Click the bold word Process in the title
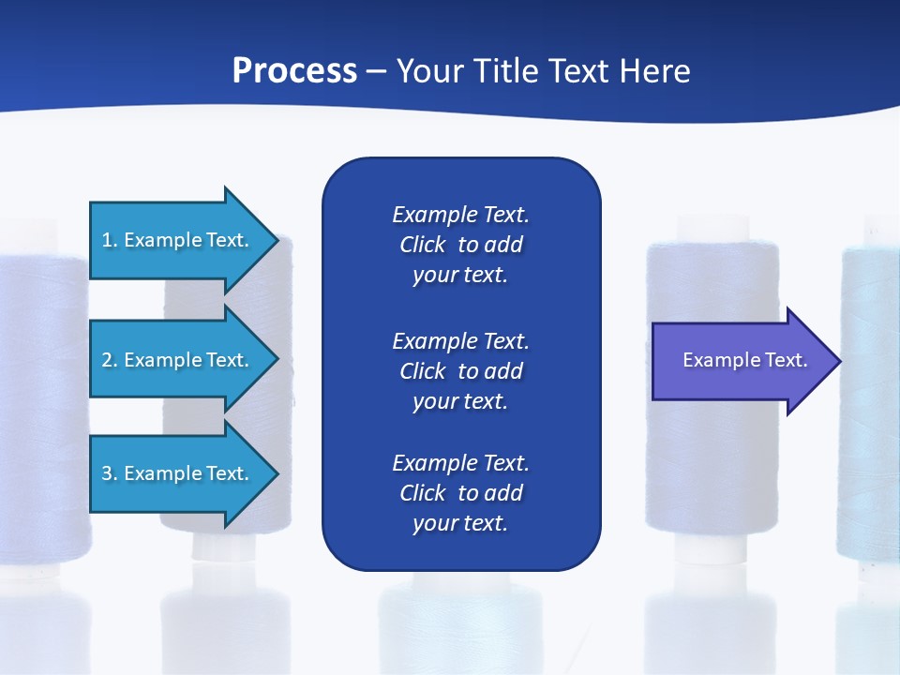click(x=294, y=71)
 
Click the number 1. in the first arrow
click(x=110, y=240)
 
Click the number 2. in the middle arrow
click(x=110, y=360)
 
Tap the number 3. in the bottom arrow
click(x=110, y=473)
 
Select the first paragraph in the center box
click(x=460, y=245)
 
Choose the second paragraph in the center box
click(x=460, y=370)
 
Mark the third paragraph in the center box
click(x=460, y=493)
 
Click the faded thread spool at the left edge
click(x=42, y=422)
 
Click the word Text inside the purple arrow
click(x=787, y=360)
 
